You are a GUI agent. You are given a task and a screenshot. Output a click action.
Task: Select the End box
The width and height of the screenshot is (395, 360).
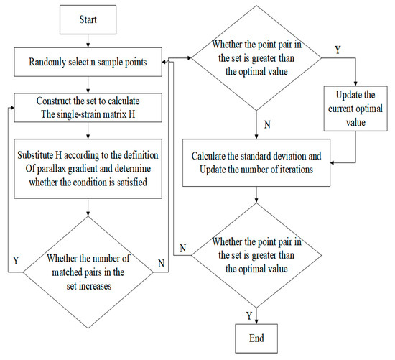(256, 337)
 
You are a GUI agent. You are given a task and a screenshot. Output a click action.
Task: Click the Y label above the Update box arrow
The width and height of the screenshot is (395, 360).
(338, 50)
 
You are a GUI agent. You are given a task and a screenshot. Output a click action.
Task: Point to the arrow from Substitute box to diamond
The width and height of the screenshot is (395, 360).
(89, 207)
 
